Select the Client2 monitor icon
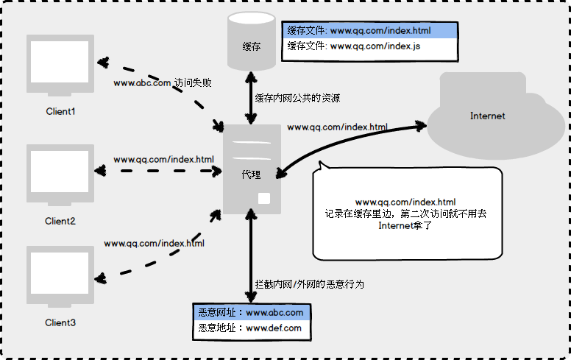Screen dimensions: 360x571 [60, 174]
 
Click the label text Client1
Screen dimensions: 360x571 [60, 112]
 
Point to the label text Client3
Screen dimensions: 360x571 [60, 322]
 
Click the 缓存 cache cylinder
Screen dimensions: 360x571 [252, 42]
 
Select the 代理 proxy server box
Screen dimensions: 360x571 [252, 169]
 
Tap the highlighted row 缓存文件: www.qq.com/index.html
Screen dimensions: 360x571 [370, 31]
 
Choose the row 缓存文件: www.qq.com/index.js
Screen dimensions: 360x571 [370, 46]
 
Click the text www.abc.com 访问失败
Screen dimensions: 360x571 [163, 83]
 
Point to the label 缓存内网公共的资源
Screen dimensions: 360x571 [297, 97]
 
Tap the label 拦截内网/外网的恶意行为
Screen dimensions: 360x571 [309, 283]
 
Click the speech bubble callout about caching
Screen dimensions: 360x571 [407, 213]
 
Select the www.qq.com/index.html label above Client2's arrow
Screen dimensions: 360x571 [163, 159]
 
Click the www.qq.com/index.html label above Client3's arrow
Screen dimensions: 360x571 [155, 243]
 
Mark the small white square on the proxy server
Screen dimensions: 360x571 [264, 198]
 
